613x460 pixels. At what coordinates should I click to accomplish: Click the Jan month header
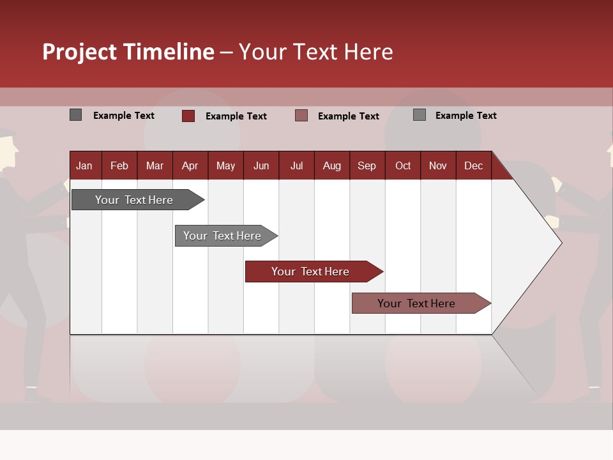(84, 165)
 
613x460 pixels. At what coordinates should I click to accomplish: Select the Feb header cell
(119, 165)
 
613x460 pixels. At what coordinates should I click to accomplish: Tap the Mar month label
(155, 165)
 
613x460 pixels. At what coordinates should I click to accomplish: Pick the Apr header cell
(190, 165)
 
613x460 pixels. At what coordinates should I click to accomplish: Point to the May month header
(225, 165)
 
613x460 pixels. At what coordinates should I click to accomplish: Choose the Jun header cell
(261, 165)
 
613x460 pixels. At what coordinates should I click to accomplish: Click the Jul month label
(296, 165)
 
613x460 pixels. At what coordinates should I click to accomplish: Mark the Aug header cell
(332, 165)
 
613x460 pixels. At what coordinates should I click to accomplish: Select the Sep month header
(367, 165)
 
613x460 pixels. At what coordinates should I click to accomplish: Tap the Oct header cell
(403, 165)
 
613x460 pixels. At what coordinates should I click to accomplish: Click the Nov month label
(438, 165)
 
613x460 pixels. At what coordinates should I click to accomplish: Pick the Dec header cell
(474, 165)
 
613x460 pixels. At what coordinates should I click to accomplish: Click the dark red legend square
(188, 116)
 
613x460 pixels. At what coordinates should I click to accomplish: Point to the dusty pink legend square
(301, 115)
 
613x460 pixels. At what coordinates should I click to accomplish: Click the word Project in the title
(80, 52)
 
